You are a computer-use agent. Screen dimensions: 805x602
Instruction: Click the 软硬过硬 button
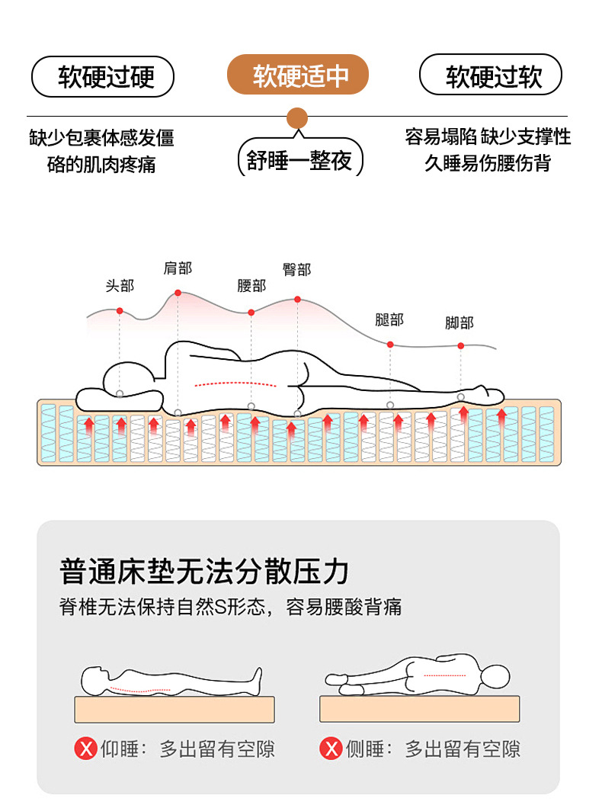pos(103,77)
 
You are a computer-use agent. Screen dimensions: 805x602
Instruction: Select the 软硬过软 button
pos(491,77)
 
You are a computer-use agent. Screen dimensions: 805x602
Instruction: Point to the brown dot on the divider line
pos(296,118)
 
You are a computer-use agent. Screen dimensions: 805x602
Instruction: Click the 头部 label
pos(120,286)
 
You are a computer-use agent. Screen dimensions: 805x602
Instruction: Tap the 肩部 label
pos(178,268)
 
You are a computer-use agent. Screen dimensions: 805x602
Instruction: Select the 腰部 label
pos(251,286)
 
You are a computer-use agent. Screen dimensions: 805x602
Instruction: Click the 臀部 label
pos(296,269)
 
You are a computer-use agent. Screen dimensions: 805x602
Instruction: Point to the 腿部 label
pos(389,320)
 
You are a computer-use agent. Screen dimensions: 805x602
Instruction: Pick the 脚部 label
pos(460,323)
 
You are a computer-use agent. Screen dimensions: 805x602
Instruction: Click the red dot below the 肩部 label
pos(178,293)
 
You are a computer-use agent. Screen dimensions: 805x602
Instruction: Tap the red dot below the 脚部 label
pos(460,346)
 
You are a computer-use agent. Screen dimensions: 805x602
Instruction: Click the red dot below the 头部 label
pos(120,311)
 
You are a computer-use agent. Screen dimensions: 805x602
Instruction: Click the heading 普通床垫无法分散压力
pos(204,571)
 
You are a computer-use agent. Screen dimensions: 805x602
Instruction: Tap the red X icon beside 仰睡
pos(85,749)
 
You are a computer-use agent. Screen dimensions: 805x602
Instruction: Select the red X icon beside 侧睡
pos(331,749)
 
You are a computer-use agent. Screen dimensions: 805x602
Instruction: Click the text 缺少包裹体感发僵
pos(102,138)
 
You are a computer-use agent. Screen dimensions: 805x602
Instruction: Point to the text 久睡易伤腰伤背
pos(488,162)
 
